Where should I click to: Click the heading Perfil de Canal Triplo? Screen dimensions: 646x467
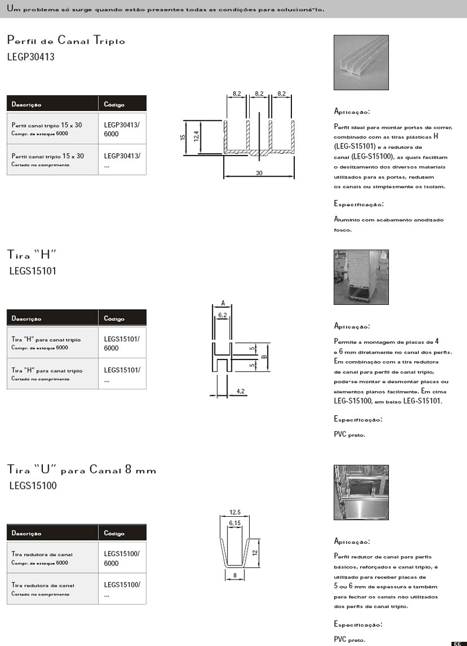pyautogui.click(x=66, y=41)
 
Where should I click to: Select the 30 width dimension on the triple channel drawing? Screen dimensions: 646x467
pyautogui.click(x=259, y=173)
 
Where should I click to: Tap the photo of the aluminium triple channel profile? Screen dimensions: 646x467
pyautogui.click(x=361, y=62)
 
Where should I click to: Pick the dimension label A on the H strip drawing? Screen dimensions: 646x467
pyautogui.click(x=223, y=303)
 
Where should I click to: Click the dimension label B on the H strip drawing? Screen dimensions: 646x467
pyautogui.click(x=264, y=356)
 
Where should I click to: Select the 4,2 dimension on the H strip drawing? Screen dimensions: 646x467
pyautogui.click(x=240, y=390)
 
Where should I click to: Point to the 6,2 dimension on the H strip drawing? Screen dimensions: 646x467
pyautogui.click(x=223, y=315)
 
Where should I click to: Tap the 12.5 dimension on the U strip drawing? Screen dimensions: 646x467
pyautogui.click(x=235, y=513)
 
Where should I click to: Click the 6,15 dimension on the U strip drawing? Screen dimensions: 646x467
pyautogui.click(x=235, y=523)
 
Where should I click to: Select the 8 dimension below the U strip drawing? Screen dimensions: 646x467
pyautogui.click(x=234, y=576)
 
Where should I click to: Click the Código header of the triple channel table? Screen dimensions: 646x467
pyautogui.click(x=115, y=105)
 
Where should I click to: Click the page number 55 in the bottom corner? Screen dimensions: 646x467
pyautogui.click(x=458, y=643)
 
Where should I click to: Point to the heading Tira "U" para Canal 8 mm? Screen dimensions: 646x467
pyautogui.click(x=82, y=470)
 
